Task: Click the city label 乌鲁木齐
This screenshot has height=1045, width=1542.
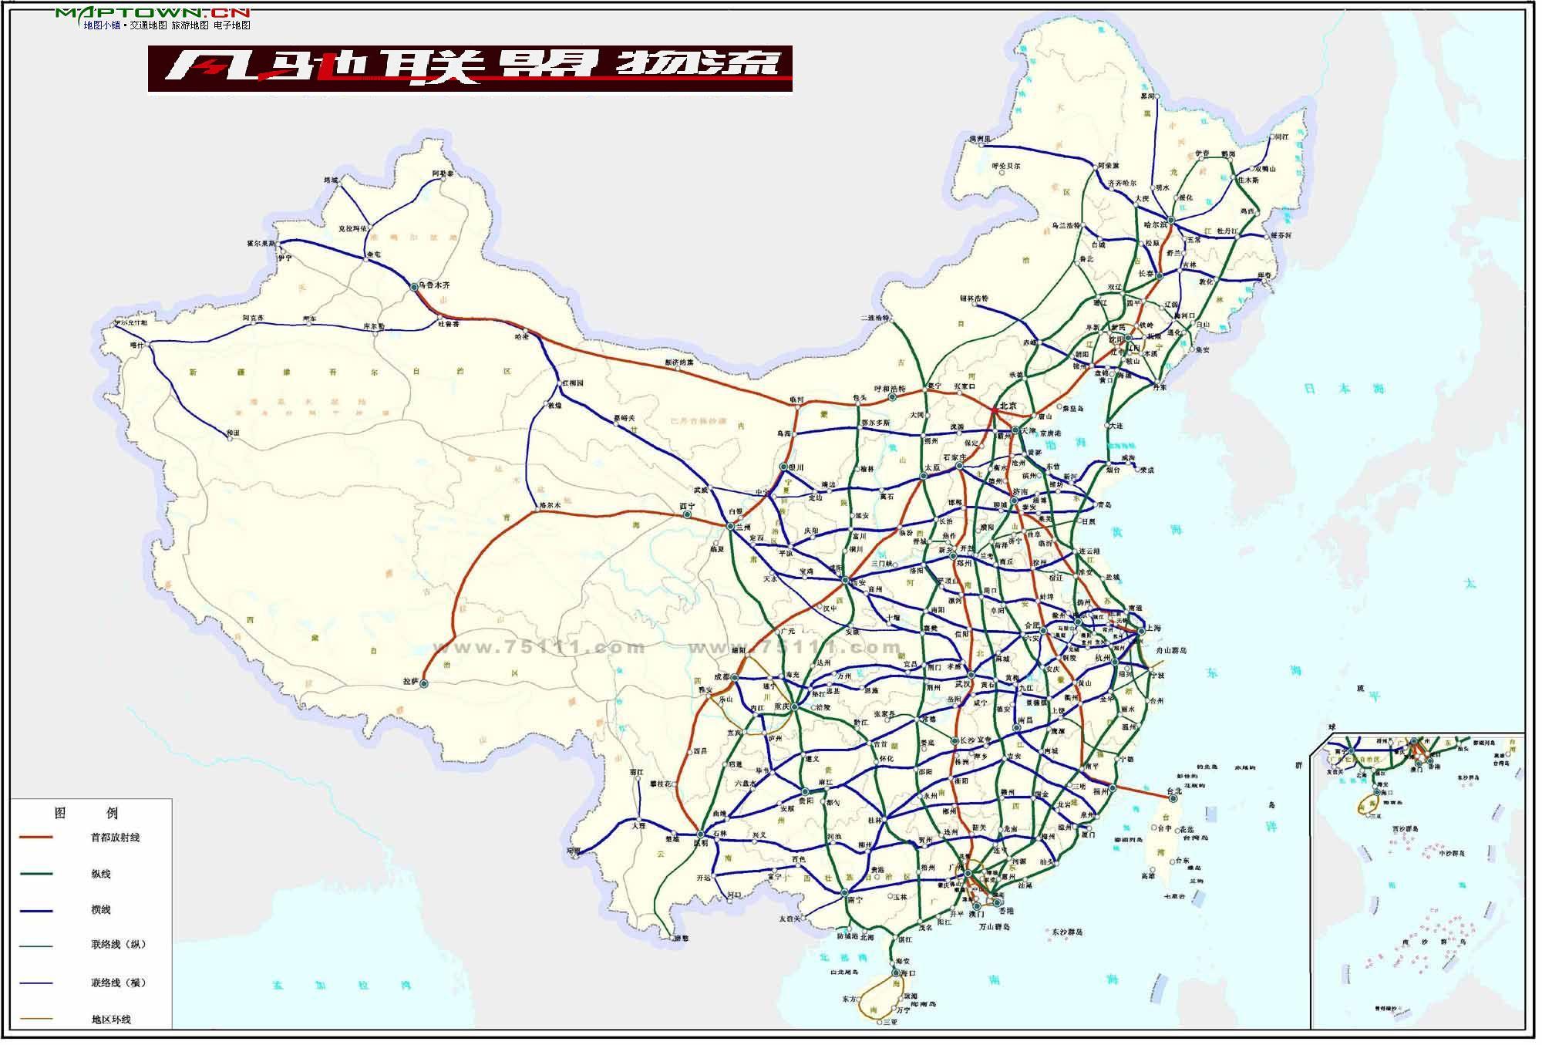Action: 436,285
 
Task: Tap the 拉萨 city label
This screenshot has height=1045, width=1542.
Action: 409,682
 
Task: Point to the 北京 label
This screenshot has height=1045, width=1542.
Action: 1008,406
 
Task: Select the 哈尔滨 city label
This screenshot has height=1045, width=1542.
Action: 1156,225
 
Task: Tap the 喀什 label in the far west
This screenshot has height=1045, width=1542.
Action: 137,346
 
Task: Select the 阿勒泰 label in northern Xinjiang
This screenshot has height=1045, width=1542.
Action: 443,174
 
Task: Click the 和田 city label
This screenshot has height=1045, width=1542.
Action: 233,434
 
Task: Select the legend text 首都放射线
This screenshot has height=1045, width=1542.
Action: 115,838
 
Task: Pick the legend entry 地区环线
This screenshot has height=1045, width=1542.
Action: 111,1020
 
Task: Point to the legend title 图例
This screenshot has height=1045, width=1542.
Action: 86,813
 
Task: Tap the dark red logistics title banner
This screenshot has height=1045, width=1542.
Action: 470,69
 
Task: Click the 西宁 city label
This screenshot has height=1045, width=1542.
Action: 686,507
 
